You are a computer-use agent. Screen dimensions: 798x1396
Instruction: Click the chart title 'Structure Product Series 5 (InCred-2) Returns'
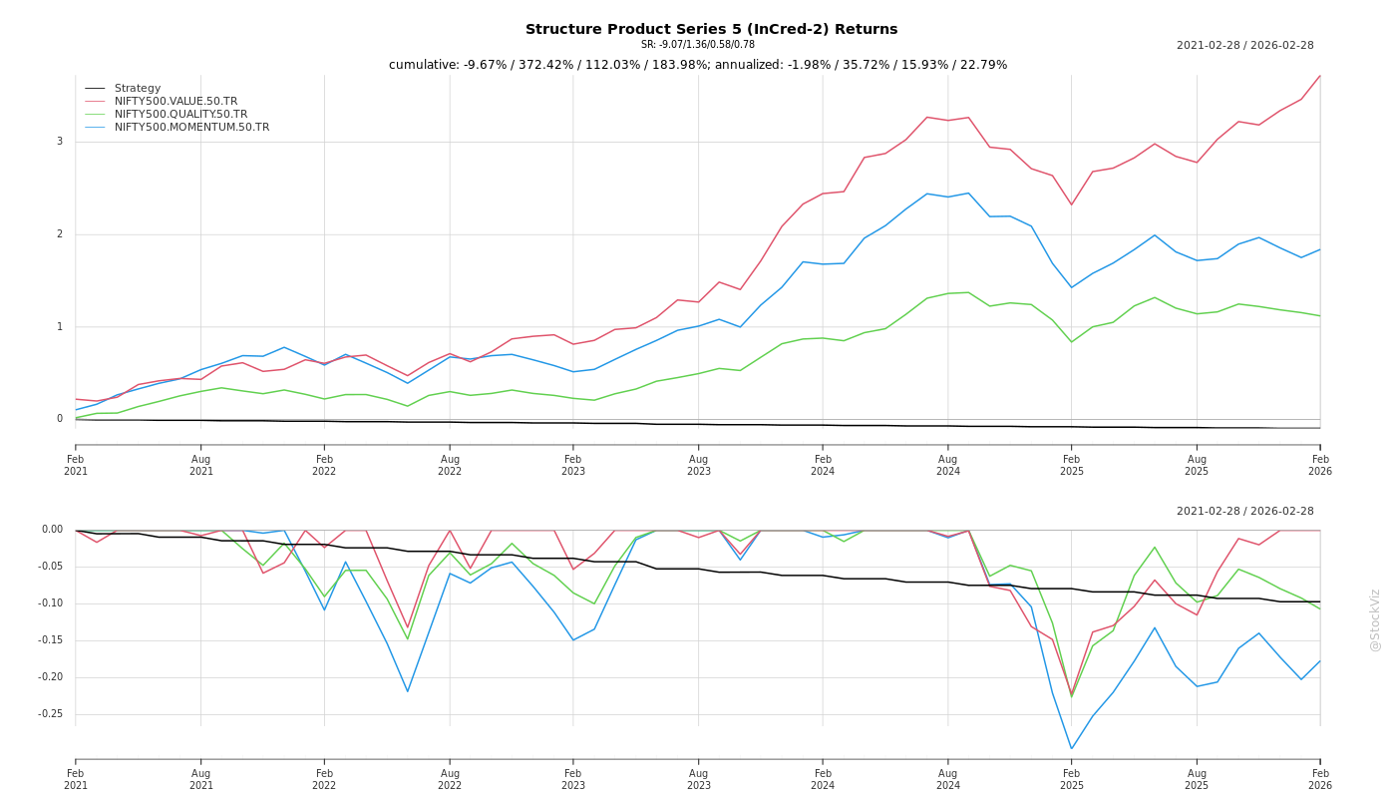(711, 29)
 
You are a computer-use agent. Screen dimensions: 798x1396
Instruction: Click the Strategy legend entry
(138, 89)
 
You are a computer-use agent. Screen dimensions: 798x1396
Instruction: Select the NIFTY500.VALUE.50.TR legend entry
(175, 102)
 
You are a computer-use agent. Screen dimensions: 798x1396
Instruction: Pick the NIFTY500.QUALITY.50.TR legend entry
(180, 115)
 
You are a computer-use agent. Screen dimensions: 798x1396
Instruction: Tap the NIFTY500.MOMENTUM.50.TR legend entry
(191, 128)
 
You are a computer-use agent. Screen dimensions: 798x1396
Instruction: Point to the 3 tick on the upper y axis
(59, 142)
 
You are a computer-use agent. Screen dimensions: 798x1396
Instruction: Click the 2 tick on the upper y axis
(59, 234)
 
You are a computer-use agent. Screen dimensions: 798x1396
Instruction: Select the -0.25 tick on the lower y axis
(51, 714)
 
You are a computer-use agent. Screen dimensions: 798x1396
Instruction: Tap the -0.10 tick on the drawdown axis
(51, 603)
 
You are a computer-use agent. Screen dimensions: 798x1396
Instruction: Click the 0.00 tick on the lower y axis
(52, 530)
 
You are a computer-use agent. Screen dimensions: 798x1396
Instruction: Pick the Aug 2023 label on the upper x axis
(698, 465)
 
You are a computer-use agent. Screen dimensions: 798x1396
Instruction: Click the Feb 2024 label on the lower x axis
(823, 779)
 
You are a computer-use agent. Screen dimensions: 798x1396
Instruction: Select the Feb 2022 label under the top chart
(324, 465)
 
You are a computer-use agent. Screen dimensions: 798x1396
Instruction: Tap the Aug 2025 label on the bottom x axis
(1197, 779)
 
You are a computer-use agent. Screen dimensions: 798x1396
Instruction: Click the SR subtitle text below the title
(698, 45)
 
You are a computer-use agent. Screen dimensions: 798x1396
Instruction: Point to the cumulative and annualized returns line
(698, 65)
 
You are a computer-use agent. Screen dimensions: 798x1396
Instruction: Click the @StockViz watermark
(1375, 619)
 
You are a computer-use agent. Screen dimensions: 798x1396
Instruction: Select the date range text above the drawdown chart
(1244, 512)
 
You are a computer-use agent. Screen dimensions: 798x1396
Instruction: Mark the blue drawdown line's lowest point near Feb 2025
(1072, 748)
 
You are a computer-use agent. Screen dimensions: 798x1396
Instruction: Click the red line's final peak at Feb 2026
(1319, 76)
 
